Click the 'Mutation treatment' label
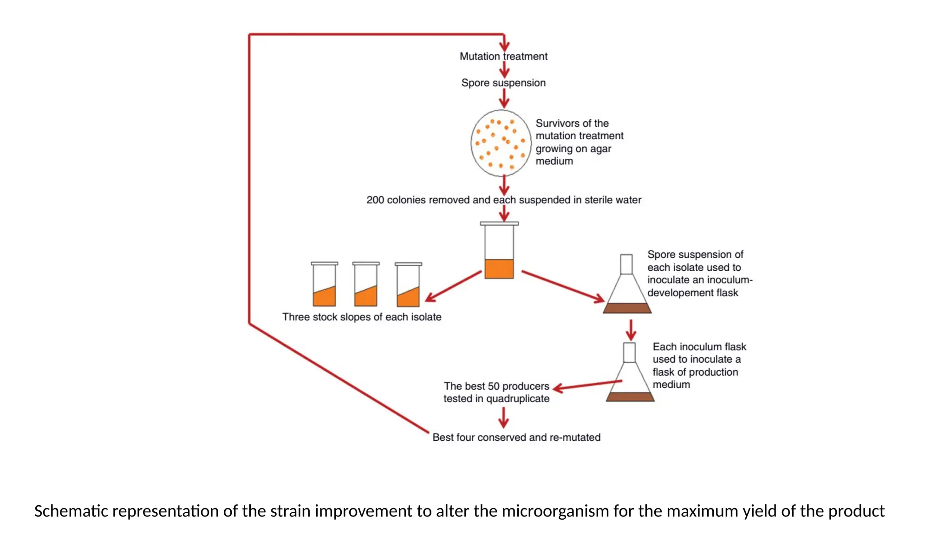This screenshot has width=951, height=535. click(503, 56)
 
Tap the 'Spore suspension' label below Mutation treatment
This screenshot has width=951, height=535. click(503, 83)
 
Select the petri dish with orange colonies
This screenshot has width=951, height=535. click(501, 143)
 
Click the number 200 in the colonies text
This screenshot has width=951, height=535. click(375, 200)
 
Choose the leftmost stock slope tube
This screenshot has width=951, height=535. click(324, 285)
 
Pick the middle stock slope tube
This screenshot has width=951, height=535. click(366, 285)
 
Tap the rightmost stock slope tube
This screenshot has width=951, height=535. click(408, 285)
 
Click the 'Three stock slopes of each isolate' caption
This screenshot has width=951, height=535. click(362, 317)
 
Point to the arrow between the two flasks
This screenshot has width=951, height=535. click(631, 330)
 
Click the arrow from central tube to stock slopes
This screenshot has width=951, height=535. click(453, 286)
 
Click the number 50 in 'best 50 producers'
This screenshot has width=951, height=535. click(494, 386)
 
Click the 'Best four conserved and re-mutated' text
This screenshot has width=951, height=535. click(516, 437)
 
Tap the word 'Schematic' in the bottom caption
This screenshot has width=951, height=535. click(71, 511)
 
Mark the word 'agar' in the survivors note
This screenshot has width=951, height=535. click(601, 149)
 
